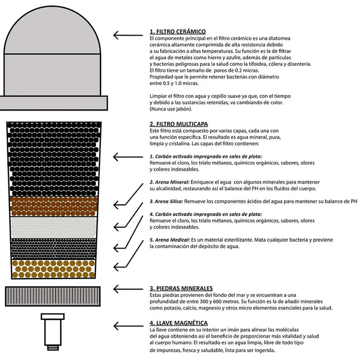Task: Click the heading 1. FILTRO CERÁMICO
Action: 177,31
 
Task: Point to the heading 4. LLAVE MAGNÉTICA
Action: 179,323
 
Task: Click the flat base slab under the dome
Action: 54,103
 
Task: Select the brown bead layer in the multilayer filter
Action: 54,206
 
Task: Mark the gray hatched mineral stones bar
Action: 54,294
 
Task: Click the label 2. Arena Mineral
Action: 170,182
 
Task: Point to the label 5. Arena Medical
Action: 170,239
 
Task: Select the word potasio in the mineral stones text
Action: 169,308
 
